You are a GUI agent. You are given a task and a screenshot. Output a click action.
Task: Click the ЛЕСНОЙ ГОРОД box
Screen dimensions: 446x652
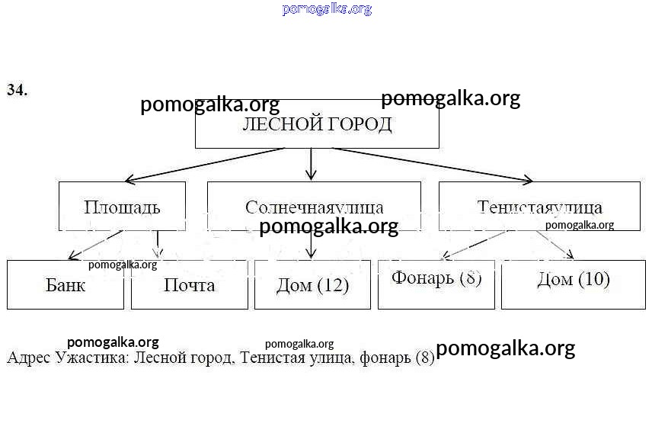coord(317,124)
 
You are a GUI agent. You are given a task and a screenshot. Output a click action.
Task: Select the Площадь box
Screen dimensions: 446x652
coord(122,206)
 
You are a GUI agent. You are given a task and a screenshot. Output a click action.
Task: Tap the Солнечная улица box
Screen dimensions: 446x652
coord(314,206)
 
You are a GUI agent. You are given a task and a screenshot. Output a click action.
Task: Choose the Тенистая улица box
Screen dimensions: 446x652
coord(539,206)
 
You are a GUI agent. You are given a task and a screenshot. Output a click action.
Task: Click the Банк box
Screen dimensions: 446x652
coord(66,285)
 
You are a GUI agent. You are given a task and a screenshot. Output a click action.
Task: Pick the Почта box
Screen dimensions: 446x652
coord(190,285)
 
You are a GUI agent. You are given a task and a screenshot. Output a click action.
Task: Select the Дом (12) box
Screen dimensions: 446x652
coord(312,285)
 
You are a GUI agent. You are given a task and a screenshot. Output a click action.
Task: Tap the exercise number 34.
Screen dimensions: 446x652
coord(18,90)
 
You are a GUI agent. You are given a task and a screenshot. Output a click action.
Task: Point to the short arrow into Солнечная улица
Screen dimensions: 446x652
coord(311,163)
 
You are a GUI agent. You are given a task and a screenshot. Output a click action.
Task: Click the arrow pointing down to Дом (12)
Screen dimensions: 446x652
coord(311,245)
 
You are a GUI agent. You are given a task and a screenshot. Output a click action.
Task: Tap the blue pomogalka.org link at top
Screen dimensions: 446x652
coord(327,9)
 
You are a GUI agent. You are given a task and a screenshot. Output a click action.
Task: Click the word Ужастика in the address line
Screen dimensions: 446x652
coord(92,357)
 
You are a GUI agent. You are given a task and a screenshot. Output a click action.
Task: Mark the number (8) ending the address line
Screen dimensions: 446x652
coord(425,357)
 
